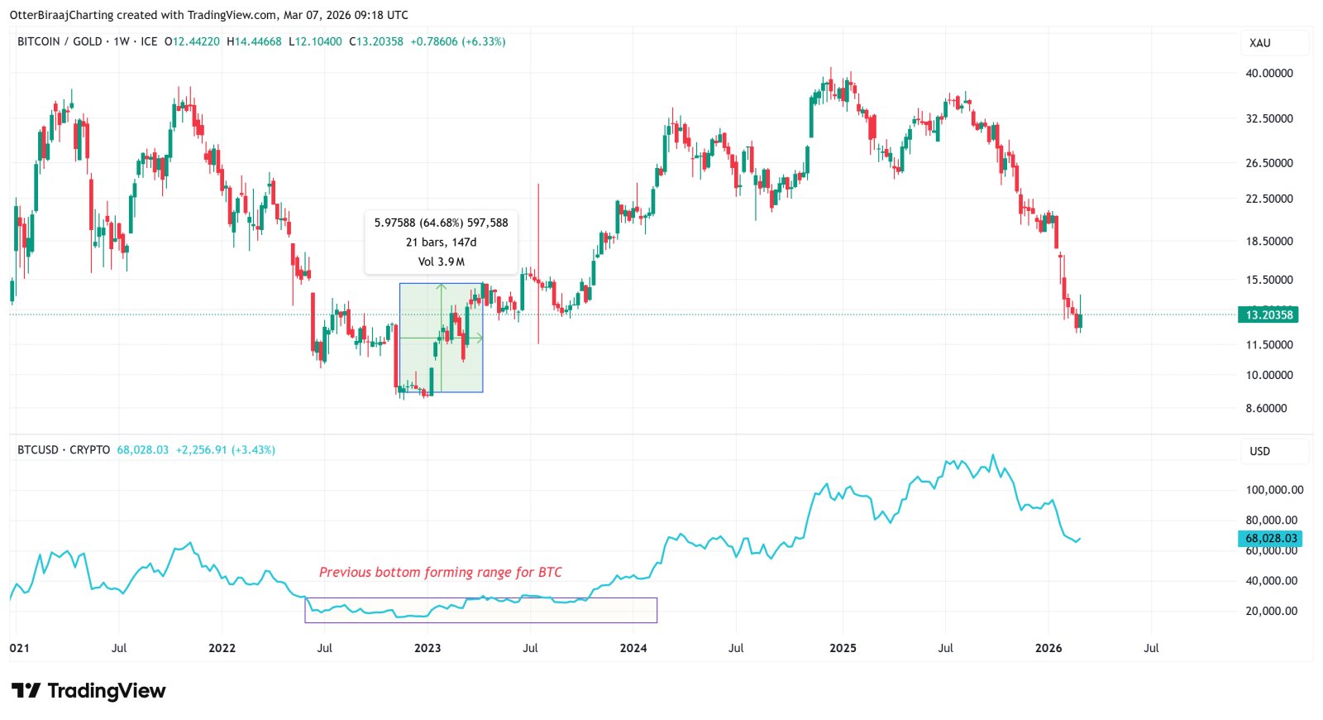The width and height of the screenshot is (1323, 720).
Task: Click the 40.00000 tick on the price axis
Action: click(x=1268, y=73)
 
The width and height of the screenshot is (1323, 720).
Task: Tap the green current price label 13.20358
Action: click(x=1268, y=314)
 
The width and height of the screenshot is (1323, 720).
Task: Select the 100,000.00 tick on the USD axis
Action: click(x=1274, y=490)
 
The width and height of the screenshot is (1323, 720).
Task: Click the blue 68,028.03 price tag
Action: click(x=1271, y=539)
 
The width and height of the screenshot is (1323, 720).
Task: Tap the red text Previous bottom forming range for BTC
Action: click(x=440, y=572)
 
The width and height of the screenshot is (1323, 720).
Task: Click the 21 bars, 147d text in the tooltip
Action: click(x=441, y=242)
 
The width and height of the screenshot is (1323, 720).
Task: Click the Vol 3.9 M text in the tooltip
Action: click(x=441, y=262)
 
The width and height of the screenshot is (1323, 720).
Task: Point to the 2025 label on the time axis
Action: click(x=843, y=648)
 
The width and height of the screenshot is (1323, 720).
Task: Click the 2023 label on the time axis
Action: click(x=427, y=648)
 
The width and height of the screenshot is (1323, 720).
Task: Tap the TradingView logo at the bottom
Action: click(x=88, y=690)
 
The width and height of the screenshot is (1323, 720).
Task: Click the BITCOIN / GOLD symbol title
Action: click(x=60, y=41)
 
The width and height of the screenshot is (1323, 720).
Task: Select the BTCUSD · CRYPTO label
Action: click(x=64, y=450)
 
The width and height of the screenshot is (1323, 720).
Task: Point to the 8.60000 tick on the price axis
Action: click(x=1266, y=408)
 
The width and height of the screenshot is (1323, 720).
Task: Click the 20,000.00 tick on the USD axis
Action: click(x=1271, y=611)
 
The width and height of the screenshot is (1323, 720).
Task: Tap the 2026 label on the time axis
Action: click(x=1048, y=648)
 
